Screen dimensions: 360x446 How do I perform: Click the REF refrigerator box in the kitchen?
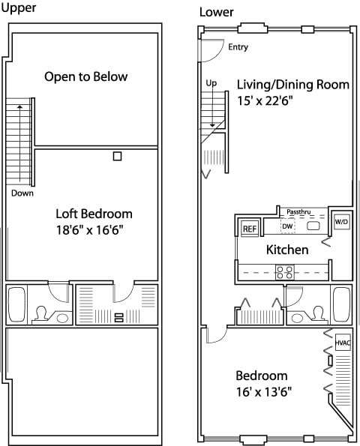250,229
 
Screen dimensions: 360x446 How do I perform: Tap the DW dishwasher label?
287,226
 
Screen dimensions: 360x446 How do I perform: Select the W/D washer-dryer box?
341,222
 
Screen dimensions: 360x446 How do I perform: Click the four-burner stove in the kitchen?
285,272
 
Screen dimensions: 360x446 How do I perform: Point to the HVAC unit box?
343,343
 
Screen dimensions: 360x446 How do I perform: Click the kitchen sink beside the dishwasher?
313,226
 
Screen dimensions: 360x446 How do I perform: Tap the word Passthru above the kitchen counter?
298,212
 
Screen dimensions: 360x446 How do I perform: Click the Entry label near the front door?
238,47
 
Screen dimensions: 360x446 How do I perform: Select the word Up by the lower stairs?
211,83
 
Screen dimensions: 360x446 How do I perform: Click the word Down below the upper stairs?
22,193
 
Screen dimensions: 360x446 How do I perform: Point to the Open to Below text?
86,76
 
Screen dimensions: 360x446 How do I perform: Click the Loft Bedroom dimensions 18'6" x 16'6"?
90,230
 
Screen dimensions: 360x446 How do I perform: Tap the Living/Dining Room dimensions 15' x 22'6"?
265,100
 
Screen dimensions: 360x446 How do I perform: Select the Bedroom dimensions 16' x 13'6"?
264,392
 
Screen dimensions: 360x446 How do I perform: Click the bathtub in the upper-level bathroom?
16,304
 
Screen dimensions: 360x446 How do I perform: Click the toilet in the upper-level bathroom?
41,313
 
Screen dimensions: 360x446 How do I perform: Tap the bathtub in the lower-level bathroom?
341,304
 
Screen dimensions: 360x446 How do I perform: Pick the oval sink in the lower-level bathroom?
297,318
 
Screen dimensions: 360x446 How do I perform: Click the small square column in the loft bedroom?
117,156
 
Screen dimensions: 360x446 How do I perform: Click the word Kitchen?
287,250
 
